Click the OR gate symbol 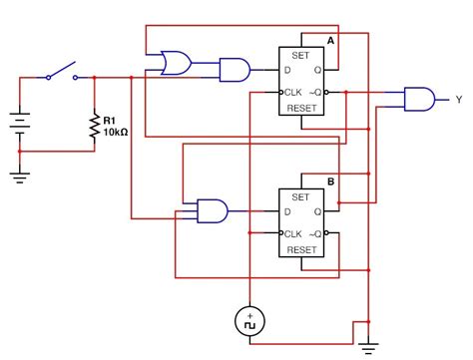177,64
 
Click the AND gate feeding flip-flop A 234,69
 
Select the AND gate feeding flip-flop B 212,210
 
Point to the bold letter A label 331,41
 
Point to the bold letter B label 331,182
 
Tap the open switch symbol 60,72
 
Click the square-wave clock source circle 247,320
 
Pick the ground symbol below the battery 19,178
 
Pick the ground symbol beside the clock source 369,346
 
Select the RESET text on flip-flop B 301,250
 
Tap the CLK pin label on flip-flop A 293,93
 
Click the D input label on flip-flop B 287,212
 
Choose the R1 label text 110,120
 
